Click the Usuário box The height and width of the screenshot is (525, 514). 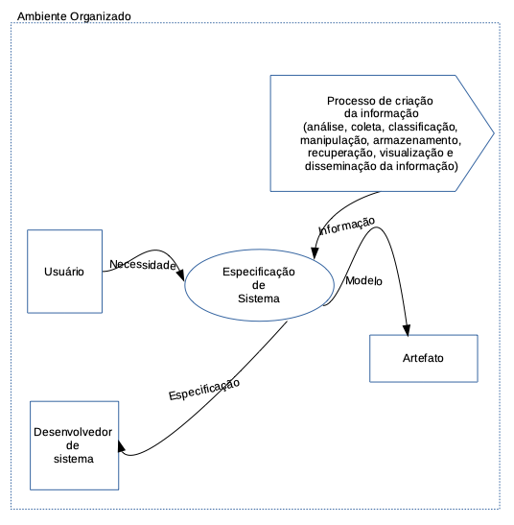(x=64, y=272)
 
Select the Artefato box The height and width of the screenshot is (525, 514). (x=423, y=359)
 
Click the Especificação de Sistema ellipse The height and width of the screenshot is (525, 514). (x=258, y=285)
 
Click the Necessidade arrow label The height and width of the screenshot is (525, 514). (x=143, y=264)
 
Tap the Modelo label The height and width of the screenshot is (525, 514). (x=363, y=281)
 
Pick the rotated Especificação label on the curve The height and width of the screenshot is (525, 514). (x=203, y=389)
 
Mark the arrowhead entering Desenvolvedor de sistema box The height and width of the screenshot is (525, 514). (x=124, y=449)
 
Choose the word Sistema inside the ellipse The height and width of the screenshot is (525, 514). (x=259, y=298)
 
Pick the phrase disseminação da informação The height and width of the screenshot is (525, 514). (x=382, y=166)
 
